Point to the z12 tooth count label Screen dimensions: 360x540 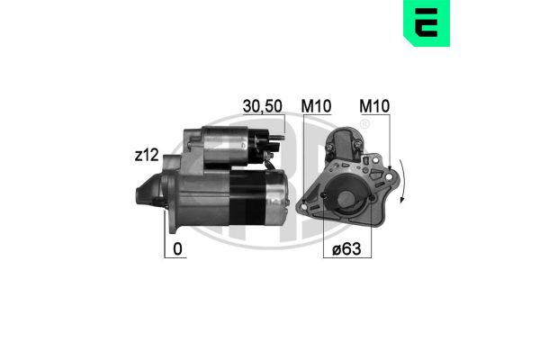point(147,156)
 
